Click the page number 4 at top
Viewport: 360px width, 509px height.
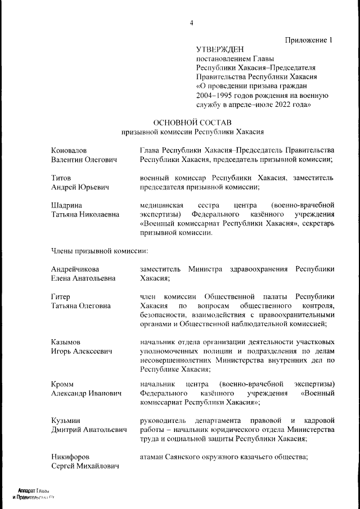pyautogui.click(x=192, y=22)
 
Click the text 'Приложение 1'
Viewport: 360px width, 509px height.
pyautogui.click(x=309, y=40)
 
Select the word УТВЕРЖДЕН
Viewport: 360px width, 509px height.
pyautogui.click(x=220, y=49)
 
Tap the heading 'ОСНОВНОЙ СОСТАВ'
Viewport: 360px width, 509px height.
pyautogui.click(x=192, y=122)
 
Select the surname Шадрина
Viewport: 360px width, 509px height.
pyautogui.click(x=66, y=205)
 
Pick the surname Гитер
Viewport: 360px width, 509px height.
pyautogui.click(x=61, y=296)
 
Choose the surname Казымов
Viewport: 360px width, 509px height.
pyautogui.click(x=66, y=342)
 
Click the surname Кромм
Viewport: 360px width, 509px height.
pyautogui.click(x=62, y=384)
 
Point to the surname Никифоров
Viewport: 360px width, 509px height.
pyautogui.click(x=70, y=457)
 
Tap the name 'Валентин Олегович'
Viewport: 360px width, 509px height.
pyautogui.click(x=83, y=160)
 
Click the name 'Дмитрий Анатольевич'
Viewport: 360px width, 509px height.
pyautogui.click(x=85, y=430)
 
